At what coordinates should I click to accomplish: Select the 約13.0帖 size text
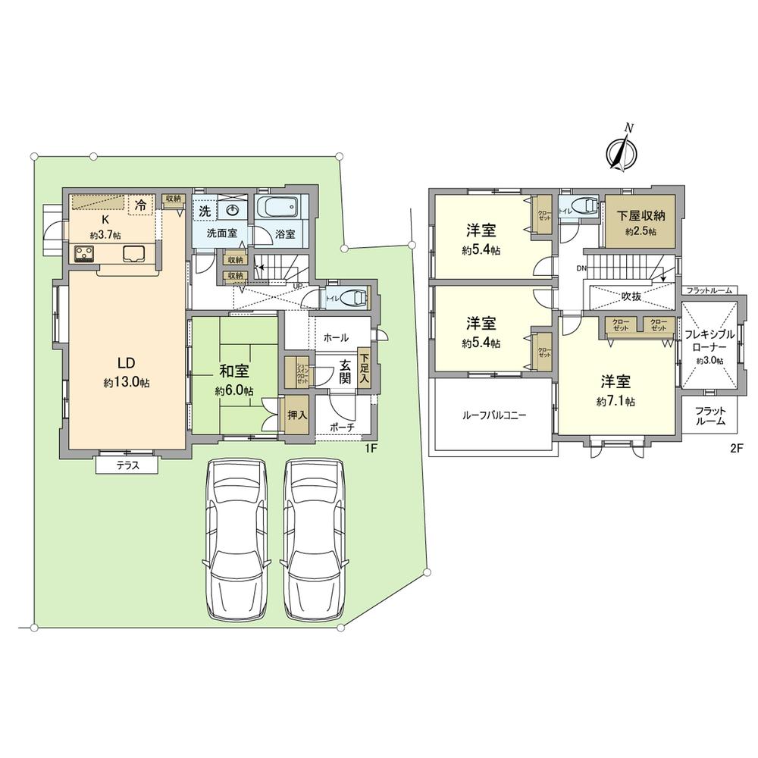(127, 384)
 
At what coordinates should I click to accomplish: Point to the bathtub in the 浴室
(280, 207)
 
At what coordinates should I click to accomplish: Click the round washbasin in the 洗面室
(230, 210)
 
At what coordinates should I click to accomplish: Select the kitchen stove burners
(84, 254)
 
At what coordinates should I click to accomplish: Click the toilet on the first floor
(351, 298)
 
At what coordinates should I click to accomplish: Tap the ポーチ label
(343, 428)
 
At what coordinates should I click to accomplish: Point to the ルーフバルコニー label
(494, 415)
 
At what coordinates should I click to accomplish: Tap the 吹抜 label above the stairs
(631, 296)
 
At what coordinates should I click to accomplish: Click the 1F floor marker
(371, 448)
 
